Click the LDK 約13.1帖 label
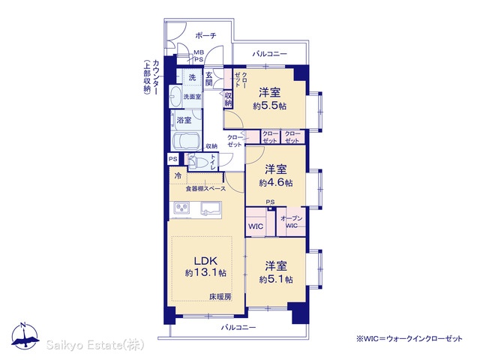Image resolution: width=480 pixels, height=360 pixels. click(205, 267)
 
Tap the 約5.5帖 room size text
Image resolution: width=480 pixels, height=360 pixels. click(270, 106)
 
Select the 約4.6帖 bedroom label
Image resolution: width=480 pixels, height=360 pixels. click(276, 183)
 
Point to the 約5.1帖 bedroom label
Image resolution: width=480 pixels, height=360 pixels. click(276, 280)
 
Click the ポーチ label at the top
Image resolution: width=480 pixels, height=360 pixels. click(205, 35)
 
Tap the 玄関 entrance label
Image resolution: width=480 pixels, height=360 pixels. click(208, 79)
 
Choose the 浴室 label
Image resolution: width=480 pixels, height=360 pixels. click(184, 120)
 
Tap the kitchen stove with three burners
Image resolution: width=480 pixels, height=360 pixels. click(181, 208)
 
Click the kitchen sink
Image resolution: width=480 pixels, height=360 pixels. click(211, 208)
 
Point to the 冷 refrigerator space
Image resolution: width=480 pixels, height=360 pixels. click(178, 176)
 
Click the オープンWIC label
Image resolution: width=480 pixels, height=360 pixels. click(292, 222)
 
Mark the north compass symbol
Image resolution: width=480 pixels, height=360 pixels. click(25, 336)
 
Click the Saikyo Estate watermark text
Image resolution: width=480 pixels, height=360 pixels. click(95, 345)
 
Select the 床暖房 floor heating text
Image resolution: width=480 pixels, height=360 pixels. click(220, 296)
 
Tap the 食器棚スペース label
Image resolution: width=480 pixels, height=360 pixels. click(205, 189)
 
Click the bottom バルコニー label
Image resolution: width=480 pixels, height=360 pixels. click(238, 328)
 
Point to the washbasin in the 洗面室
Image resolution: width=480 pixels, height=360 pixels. click(175, 96)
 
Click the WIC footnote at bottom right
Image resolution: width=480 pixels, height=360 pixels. click(409, 338)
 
